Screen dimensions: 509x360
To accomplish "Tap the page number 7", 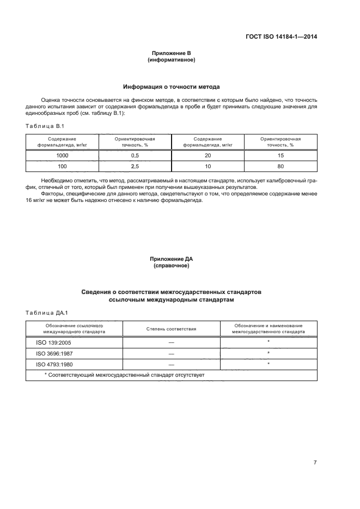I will (x=315, y=462).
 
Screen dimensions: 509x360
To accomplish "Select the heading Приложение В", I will (x=171, y=53).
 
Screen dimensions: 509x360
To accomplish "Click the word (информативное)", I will (x=171, y=60).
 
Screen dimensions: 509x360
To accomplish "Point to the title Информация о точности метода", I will (x=171, y=87).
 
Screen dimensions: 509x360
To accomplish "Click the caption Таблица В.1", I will (x=45, y=126).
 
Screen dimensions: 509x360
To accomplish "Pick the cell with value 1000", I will (x=62, y=156).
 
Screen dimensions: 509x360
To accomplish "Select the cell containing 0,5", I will (x=135, y=156).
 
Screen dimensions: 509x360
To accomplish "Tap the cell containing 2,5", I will (x=135, y=166).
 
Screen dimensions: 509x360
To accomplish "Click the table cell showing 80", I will (x=280, y=166).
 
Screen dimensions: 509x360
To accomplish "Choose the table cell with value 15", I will (x=280, y=156).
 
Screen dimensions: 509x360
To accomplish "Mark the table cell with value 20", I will (x=208, y=156).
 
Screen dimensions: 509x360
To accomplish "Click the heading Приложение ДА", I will (x=171, y=259).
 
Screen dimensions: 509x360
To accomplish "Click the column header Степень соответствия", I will (x=171, y=329).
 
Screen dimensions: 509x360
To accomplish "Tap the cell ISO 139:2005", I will (x=50, y=342).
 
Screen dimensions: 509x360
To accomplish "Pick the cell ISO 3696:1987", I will (x=51, y=353).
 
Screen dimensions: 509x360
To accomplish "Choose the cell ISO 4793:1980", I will (x=51, y=364).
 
